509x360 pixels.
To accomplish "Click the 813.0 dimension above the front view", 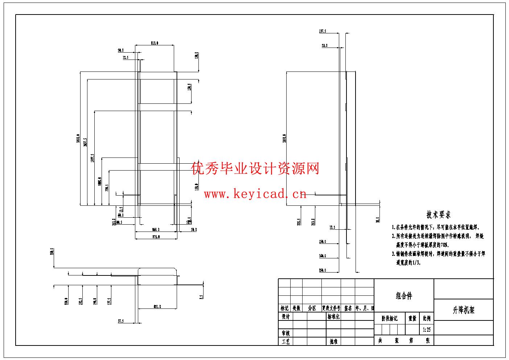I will tap(155, 43).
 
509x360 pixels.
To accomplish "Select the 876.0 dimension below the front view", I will tap(156, 237).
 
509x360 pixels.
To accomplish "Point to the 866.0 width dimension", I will tap(156, 229).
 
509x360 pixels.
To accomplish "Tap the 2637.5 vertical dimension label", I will tap(85, 143).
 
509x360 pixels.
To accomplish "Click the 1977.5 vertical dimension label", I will tap(93, 158).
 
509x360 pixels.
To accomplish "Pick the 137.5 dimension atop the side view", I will tap(323, 31).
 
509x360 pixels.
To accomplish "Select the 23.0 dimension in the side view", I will tap(324, 45).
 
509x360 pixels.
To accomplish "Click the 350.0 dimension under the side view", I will tap(323, 270).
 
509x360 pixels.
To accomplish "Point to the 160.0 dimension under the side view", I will tap(323, 256).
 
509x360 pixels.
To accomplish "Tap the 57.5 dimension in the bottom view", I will tap(120, 321).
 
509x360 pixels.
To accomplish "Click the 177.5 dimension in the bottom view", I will tap(109, 300).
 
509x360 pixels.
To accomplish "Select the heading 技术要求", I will tap(439, 215).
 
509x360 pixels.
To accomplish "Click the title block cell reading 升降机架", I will tap(463, 310).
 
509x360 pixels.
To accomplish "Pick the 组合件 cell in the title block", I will tap(404, 296).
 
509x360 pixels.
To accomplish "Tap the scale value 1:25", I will tap(427, 330).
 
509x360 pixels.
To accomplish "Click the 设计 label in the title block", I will tap(286, 316).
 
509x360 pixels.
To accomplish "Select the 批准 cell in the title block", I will tap(333, 341).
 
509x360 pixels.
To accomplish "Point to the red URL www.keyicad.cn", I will tap(255, 194).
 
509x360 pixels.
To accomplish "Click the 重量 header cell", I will tap(412, 318).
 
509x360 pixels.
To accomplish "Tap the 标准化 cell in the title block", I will tap(333, 316).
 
